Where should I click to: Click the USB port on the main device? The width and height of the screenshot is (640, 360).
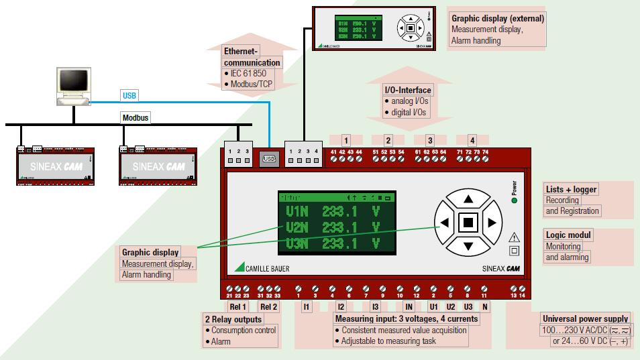(269, 159)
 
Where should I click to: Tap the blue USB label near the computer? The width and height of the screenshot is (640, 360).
(129, 95)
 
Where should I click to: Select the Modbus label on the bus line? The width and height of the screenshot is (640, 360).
(136, 118)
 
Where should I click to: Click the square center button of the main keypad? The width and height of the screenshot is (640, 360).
(468, 223)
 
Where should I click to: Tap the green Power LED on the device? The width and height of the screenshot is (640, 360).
(514, 200)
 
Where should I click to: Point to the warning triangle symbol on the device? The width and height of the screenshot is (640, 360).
(515, 237)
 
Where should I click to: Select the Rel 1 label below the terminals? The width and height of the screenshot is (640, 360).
(238, 307)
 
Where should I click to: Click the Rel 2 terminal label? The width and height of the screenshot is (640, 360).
(268, 307)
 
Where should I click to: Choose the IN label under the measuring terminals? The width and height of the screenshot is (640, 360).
(409, 307)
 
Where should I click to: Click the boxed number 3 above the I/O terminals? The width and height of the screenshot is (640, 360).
(430, 141)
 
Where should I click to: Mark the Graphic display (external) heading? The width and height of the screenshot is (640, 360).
(497, 19)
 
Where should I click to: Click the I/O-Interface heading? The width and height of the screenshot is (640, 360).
(407, 90)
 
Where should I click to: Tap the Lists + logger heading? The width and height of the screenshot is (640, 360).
(571, 190)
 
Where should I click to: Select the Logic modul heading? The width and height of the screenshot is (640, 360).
(568, 235)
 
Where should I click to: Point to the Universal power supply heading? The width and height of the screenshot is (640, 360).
(586, 319)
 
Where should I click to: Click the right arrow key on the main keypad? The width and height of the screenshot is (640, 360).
(492, 223)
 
